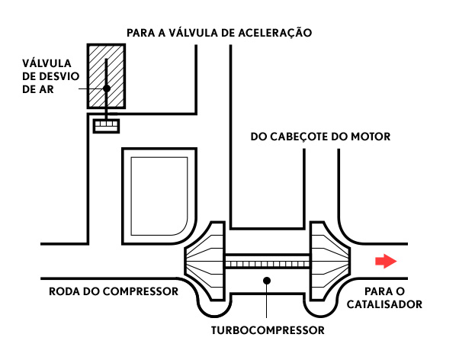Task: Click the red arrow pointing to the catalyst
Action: pyautogui.click(x=386, y=261)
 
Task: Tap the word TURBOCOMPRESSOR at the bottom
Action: pyautogui.click(x=268, y=330)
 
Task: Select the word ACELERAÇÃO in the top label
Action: pyautogui.click(x=275, y=32)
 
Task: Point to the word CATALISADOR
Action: pyautogui.click(x=384, y=304)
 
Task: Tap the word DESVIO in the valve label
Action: pyautogui.click(x=59, y=76)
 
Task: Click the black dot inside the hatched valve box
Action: pyautogui.click(x=107, y=88)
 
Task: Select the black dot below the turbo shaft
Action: pyautogui.click(x=267, y=281)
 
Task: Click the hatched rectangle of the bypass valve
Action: pyautogui.click(x=106, y=76)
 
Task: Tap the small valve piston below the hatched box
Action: pyautogui.click(x=106, y=126)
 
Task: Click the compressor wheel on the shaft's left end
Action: pyautogui.click(x=205, y=261)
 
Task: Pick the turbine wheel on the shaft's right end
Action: pyautogui.click(x=330, y=261)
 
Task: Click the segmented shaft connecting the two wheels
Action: pyautogui.click(x=268, y=262)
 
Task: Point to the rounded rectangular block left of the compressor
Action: pyautogui.click(x=159, y=196)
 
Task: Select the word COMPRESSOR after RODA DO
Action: pyautogui.click(x=141, y=291)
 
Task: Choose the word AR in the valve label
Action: pyautogui.click(x=47, y=89)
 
